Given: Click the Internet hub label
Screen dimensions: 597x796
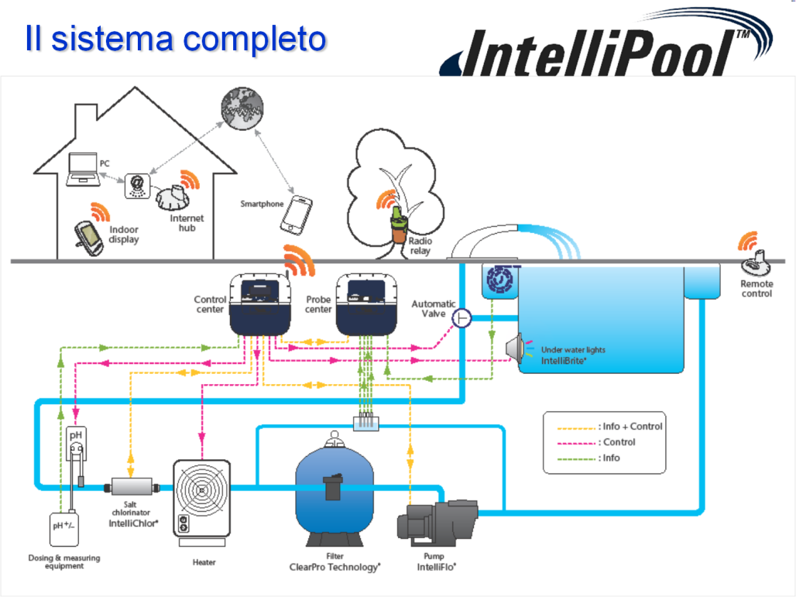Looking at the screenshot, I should (x=187, y=223).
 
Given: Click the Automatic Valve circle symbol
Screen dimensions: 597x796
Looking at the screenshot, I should (x=462, y=317).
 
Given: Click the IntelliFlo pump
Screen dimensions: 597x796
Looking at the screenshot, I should (x=437, y=519).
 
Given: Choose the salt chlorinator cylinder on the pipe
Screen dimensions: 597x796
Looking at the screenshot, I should (x=134, y=487).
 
